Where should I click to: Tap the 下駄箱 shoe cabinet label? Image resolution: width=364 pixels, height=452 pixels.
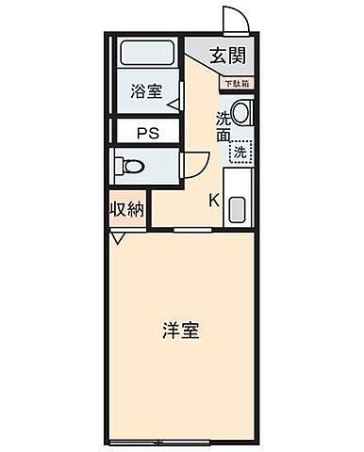click(236, 84)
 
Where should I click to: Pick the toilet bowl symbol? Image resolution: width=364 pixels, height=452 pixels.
click(132, 167)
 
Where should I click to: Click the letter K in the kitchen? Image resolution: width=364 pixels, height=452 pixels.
click(213, 200)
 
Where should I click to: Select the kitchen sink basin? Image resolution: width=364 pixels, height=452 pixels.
click(237, 209)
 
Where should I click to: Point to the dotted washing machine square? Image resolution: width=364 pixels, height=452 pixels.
click(241, 152)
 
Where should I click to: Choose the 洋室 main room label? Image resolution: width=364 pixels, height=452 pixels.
click(179, 331)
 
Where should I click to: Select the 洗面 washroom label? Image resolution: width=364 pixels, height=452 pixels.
click(223, 126)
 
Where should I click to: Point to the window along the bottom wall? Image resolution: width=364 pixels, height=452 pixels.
click(179, 442)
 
